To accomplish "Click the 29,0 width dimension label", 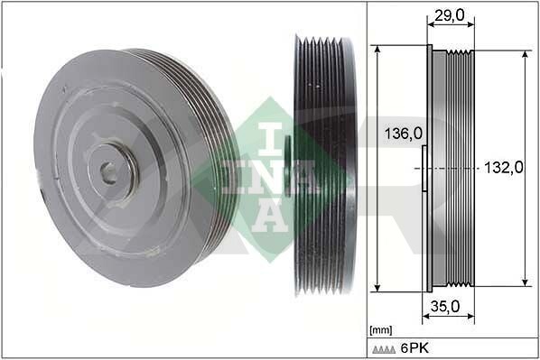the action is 449,15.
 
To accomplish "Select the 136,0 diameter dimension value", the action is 404,134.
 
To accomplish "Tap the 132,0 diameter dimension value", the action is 504,168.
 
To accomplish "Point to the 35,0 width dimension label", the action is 445,306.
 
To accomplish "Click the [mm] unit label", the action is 380,330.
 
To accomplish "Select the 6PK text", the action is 414,348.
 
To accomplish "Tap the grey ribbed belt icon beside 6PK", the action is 384,350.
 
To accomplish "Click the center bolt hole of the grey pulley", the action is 108,171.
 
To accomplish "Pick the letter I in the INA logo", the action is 270,139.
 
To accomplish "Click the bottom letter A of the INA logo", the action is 270,216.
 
